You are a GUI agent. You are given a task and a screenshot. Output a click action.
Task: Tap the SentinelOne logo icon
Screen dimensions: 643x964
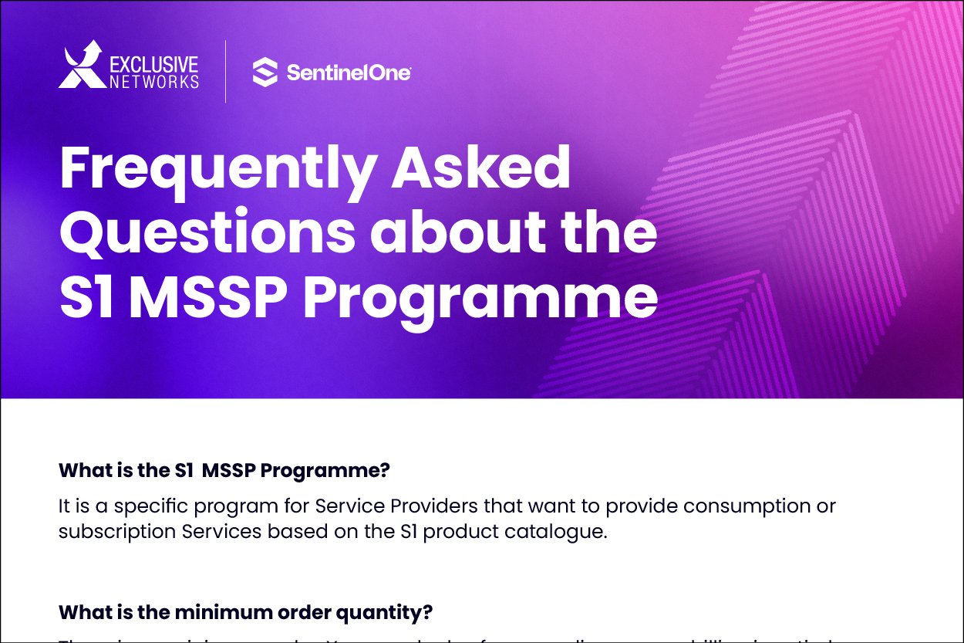(x=265, y=73)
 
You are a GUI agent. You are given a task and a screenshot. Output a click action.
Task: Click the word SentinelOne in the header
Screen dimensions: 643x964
(x=348, y=73)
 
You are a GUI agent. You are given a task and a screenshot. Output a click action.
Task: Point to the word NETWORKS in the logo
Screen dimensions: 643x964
(x=153, y=81)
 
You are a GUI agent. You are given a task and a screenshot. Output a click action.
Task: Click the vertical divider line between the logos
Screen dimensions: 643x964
(x=226, y=72)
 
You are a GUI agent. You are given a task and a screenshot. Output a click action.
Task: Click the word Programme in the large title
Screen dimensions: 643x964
(x=480, y=300)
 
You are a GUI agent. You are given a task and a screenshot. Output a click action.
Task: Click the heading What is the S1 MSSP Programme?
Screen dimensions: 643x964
(x=224, y=470)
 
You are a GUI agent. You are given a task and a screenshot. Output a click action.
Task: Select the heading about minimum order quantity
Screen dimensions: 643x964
(x=245, y=612)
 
